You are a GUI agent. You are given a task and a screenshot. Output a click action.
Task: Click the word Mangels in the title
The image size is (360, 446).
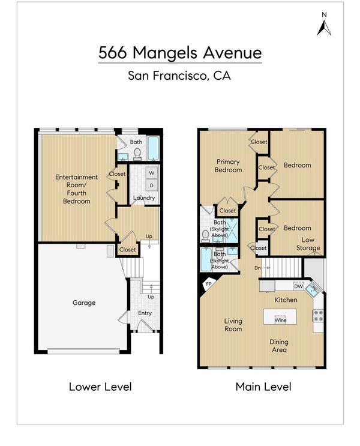164,53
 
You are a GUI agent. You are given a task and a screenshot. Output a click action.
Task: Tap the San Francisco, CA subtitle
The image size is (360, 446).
179,76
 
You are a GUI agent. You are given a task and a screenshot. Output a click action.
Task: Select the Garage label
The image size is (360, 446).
84,303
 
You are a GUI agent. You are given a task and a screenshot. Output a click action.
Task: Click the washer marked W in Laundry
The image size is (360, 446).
152,173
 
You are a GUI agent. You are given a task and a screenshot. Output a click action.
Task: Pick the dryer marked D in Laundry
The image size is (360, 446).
152,185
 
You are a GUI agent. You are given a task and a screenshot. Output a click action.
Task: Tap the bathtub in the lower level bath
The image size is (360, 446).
153,148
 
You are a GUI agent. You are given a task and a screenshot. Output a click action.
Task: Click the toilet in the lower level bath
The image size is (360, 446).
137,153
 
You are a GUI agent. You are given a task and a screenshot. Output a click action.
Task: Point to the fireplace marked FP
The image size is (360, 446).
208,283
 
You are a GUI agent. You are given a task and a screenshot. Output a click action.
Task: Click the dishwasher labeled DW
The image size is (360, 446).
299,286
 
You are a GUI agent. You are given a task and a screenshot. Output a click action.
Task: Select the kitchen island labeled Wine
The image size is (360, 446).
280,316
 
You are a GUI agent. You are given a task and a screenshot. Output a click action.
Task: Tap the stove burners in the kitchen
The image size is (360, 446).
318,316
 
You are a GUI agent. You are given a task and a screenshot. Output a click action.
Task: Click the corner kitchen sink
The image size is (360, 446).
312,290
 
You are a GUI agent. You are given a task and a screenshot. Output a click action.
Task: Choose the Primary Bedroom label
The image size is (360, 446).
228,166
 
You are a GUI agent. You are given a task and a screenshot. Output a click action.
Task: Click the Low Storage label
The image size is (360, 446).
308,244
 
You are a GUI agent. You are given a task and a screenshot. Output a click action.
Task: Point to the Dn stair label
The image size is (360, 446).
257,268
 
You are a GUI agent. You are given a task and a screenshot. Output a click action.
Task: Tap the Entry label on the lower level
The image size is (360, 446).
145,313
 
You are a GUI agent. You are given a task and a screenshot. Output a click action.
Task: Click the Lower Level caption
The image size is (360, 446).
100,387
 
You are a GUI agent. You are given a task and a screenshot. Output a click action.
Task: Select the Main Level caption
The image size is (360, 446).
263,387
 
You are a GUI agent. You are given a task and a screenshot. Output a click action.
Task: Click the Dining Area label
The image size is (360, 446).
279,346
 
